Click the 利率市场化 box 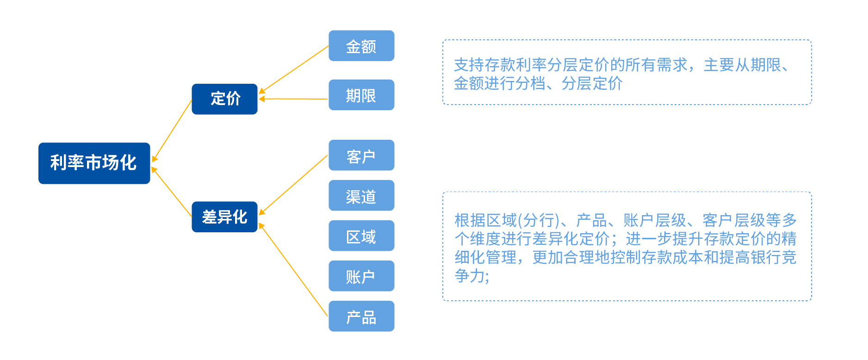tap(94, 163)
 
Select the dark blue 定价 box tap(224, 99)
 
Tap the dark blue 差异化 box tap(224, 217)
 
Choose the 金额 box tap(361, 46)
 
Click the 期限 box tap(361, 95)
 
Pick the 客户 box tap(361, 155)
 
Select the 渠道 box tap(361, 195)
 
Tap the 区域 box tap(361, 236)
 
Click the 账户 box tap(361, 276)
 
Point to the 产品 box tap(361, 316)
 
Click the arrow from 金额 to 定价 tap(294, 69)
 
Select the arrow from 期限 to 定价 tap(294, 99)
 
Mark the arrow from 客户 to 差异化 tap(293, 185)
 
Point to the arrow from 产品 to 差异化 tap(293, 270)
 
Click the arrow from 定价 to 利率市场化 tap(172, 130)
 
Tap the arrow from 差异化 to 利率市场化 tap(172, 192)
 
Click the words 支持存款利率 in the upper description tap(501, 65)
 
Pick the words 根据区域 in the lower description tap(485, 220)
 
